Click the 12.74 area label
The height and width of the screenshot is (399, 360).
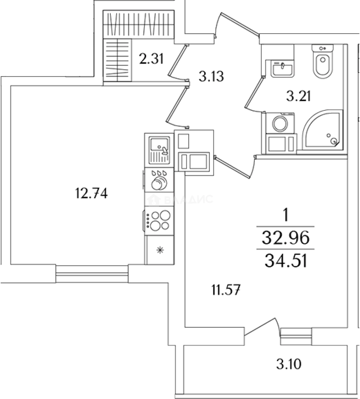[x=92, y=193]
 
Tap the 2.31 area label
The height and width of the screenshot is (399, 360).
[x=151, y=58]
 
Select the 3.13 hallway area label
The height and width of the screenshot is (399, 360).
[x=211, y=76]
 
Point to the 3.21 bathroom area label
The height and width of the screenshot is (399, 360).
[x=298, y=96]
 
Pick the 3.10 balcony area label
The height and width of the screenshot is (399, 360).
[x=289, y=364]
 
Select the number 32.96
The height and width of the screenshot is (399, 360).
[x=286, y=238]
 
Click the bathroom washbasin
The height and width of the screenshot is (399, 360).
[x=282, y=68]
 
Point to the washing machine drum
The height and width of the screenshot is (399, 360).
[x=280, y=124]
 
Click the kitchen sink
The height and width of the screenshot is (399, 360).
[x=160, y=150]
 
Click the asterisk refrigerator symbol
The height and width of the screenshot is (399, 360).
[x=160, y=250]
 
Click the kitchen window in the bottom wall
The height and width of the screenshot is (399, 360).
[x=92, y=274]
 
